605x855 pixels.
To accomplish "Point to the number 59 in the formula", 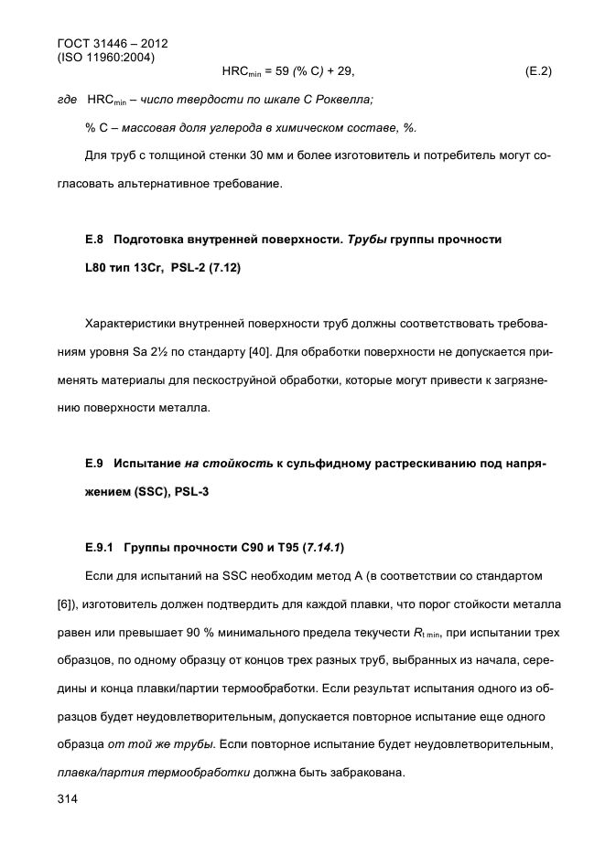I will click(275, 70).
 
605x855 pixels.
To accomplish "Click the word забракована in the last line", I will click(355, 772).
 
